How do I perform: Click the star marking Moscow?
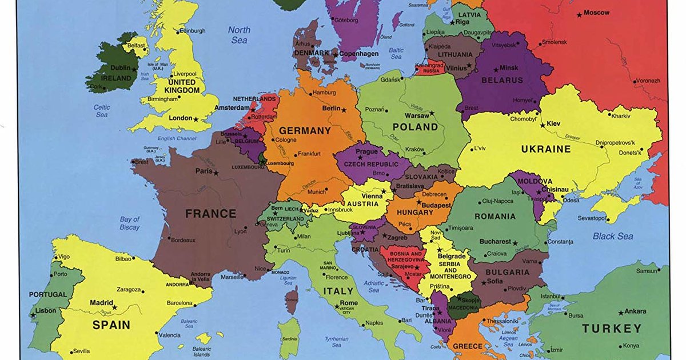[579, 14]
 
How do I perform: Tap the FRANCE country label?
[210, 214]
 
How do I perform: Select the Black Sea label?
[613, 236]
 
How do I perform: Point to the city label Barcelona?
[180, 302]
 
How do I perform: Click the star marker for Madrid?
[114, 307]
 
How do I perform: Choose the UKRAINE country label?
[545, 149]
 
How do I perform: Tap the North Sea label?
[239, 35]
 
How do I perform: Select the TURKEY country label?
[612, 329]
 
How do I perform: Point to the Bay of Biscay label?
[130, 223]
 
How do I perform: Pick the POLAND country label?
[415, 126]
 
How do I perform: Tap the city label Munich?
[317, 193]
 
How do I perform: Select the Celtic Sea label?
[102, 111]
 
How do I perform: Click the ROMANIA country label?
[494, 217]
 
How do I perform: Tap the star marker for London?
[196, 119]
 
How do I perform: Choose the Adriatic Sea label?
[374, 286]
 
